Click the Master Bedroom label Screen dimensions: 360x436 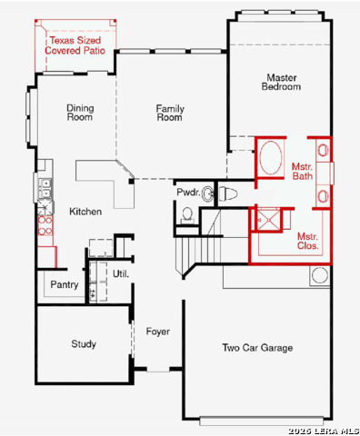pos(281,82)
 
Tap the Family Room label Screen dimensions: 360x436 pos(170,113)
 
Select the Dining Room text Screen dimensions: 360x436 pos(80,113)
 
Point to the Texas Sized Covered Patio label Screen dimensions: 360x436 pos(75,45)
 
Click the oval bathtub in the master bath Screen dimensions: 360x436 pos(271,157)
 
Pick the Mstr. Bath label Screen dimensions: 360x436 pos(302,172)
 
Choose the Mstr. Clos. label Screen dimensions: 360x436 pos(307,241)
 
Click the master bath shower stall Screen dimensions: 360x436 pos(268,220)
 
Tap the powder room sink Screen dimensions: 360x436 pos(207,193)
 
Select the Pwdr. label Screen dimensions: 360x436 pos(188,193)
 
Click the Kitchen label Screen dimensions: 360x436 pos(85,212)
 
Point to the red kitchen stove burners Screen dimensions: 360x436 pos(45,225)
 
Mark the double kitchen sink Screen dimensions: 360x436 pos(45,188)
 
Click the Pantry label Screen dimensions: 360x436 pos(65,284)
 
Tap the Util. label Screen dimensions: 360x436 pos(121,274)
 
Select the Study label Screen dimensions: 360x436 pos(84,344)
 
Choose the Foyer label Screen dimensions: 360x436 pos(157,332)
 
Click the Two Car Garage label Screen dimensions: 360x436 pos(257,348)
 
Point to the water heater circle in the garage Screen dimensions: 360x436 pos(320,276)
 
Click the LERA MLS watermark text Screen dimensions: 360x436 pos(324,431)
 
